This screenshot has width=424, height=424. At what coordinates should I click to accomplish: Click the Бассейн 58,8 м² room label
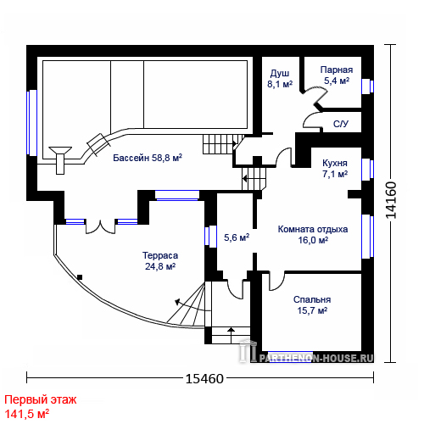click(148, 158)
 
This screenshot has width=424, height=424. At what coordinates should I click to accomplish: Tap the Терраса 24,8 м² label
click(160, 261)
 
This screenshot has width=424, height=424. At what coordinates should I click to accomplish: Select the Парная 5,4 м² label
click(337, 75)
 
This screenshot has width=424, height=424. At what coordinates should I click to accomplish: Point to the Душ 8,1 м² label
click(280, 79)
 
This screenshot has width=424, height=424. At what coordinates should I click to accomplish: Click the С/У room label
click(341, 124)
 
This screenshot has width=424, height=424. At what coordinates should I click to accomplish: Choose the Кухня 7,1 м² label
click(335, 169)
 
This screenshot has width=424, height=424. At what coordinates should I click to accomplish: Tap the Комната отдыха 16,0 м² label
click(313, 235)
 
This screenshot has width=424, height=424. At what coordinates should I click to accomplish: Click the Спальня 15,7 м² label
click(312, 305)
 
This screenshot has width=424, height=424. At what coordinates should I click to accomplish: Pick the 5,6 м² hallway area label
click(237, 237)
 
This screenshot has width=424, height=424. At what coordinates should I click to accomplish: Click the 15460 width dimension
click(204, 378)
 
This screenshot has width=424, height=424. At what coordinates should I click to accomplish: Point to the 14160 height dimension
click(391, 200)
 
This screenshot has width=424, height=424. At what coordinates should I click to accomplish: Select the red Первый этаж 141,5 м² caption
click(41, 407)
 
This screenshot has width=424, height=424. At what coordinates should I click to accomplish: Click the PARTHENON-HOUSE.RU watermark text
click(316, 359)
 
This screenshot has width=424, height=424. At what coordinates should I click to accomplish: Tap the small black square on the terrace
click(80, 277)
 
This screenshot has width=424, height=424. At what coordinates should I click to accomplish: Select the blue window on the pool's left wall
click(31, 123)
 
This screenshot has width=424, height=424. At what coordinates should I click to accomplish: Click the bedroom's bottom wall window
click(290, 356)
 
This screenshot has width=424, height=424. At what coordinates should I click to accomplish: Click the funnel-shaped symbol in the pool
click(60, 160)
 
